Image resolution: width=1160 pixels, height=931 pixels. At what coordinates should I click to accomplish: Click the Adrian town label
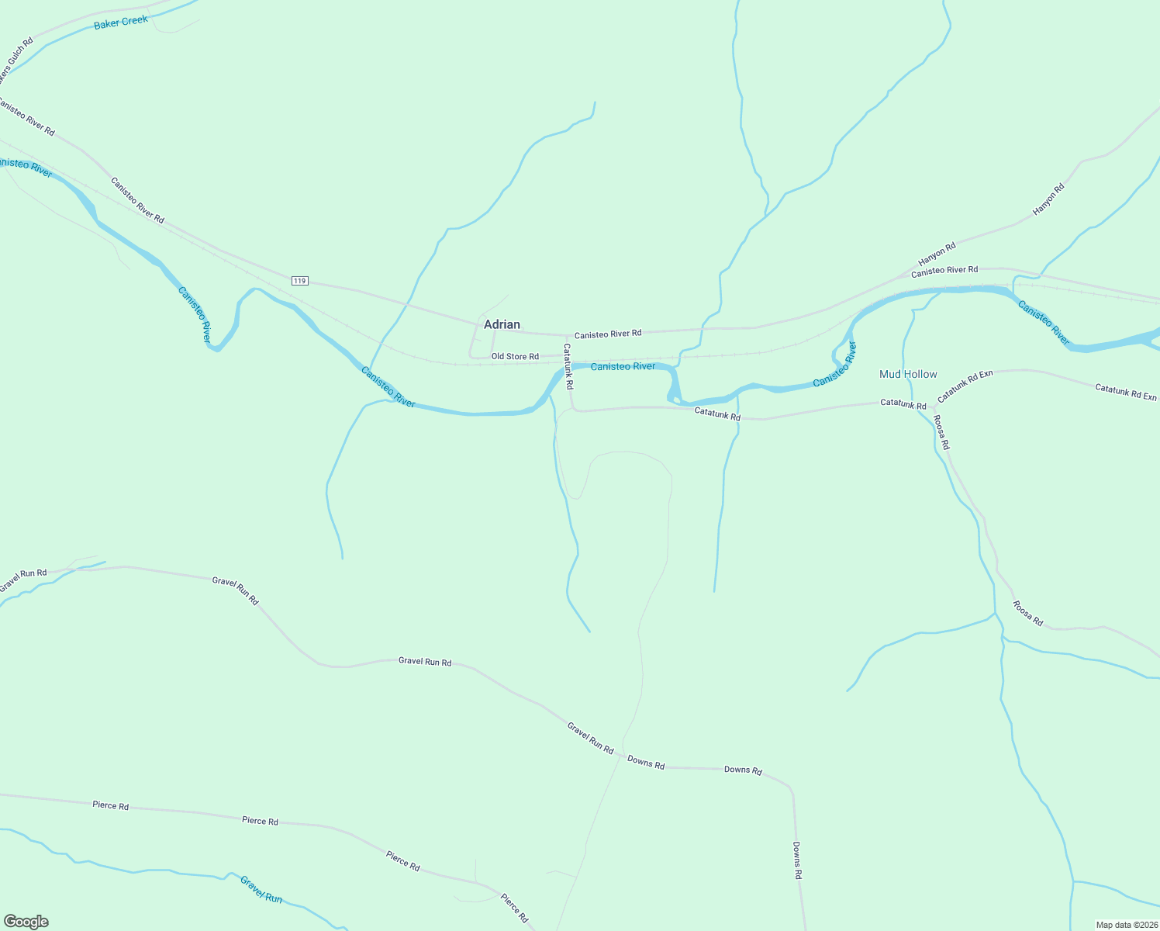502,324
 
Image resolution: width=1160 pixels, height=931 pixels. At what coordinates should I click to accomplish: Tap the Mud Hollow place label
908,374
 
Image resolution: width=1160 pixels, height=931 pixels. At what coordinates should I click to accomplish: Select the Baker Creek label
120,22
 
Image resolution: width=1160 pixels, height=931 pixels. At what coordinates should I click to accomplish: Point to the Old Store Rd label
515,357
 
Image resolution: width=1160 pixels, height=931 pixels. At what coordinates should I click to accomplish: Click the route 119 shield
300,280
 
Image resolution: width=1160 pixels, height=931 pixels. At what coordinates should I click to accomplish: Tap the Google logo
26,922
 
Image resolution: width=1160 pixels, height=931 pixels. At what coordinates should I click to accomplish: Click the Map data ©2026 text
1125,925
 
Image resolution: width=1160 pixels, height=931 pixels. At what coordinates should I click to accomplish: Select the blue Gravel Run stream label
261,889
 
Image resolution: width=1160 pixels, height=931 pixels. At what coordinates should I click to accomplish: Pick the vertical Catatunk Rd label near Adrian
568,366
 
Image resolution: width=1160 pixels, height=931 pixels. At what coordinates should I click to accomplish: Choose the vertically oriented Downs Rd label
797,860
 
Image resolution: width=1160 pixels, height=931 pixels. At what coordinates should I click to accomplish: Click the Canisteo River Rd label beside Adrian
608,334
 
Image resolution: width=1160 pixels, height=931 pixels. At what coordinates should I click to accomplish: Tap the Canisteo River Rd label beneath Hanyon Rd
944,270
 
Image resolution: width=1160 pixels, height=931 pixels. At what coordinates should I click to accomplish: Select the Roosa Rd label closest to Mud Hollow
941,432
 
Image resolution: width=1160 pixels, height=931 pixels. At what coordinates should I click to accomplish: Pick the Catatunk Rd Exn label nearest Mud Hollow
965,386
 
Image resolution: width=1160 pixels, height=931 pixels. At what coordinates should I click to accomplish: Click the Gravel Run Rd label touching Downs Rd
590,738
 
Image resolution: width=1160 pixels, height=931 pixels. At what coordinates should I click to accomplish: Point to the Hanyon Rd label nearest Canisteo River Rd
937,254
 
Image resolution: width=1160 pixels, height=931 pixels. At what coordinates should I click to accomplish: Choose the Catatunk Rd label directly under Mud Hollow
903,404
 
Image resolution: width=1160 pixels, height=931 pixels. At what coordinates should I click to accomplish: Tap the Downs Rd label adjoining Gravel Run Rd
646,763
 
